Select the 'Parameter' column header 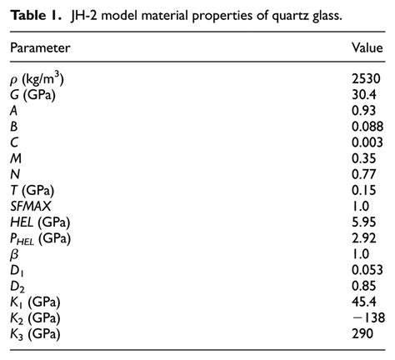point(40,48)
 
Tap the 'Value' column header point(367,48)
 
